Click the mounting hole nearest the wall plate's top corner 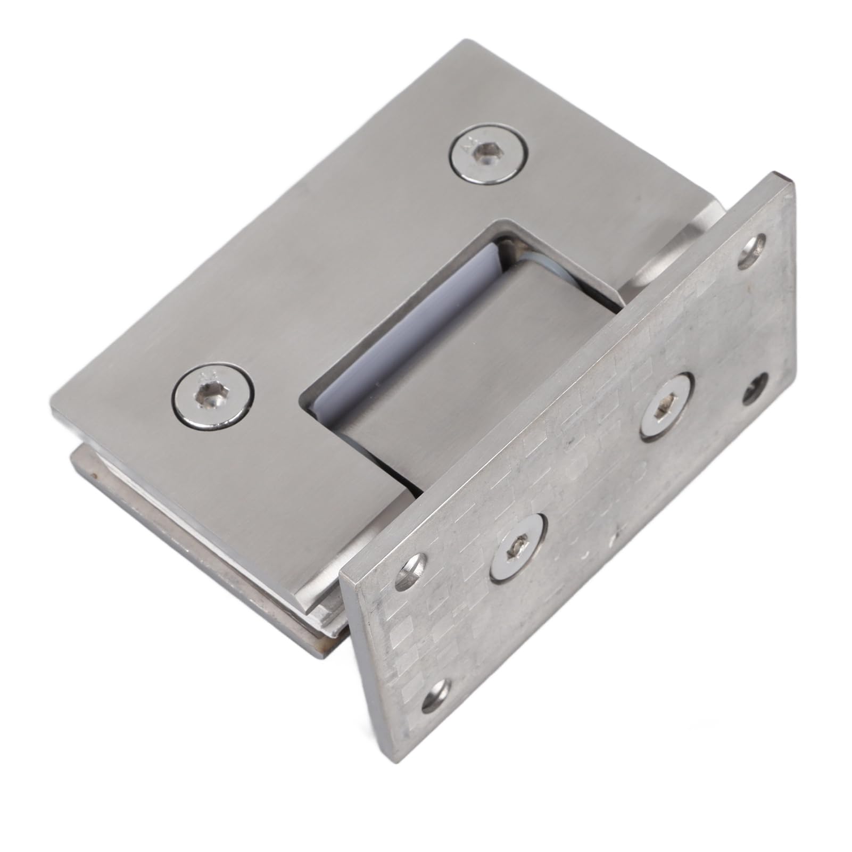point(754,245)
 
